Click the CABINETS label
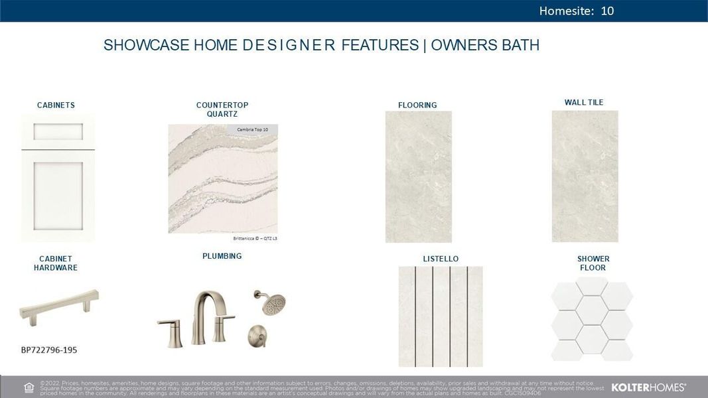(56, 105)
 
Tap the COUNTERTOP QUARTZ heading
(222, 109)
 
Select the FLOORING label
(417, 105)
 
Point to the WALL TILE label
(584, 102)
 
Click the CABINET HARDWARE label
(56, 263)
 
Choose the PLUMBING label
(222, 256)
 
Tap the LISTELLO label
(441, 259)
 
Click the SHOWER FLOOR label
(593, 263)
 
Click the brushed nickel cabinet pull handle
(59, 306)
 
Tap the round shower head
(270, 303)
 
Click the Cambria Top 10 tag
(252, 129)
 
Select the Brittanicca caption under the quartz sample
(255, 237)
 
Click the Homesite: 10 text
(576, 11)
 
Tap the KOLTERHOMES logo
(648, 387)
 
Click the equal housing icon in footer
(29, 387)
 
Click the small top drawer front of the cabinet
(58, 132)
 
